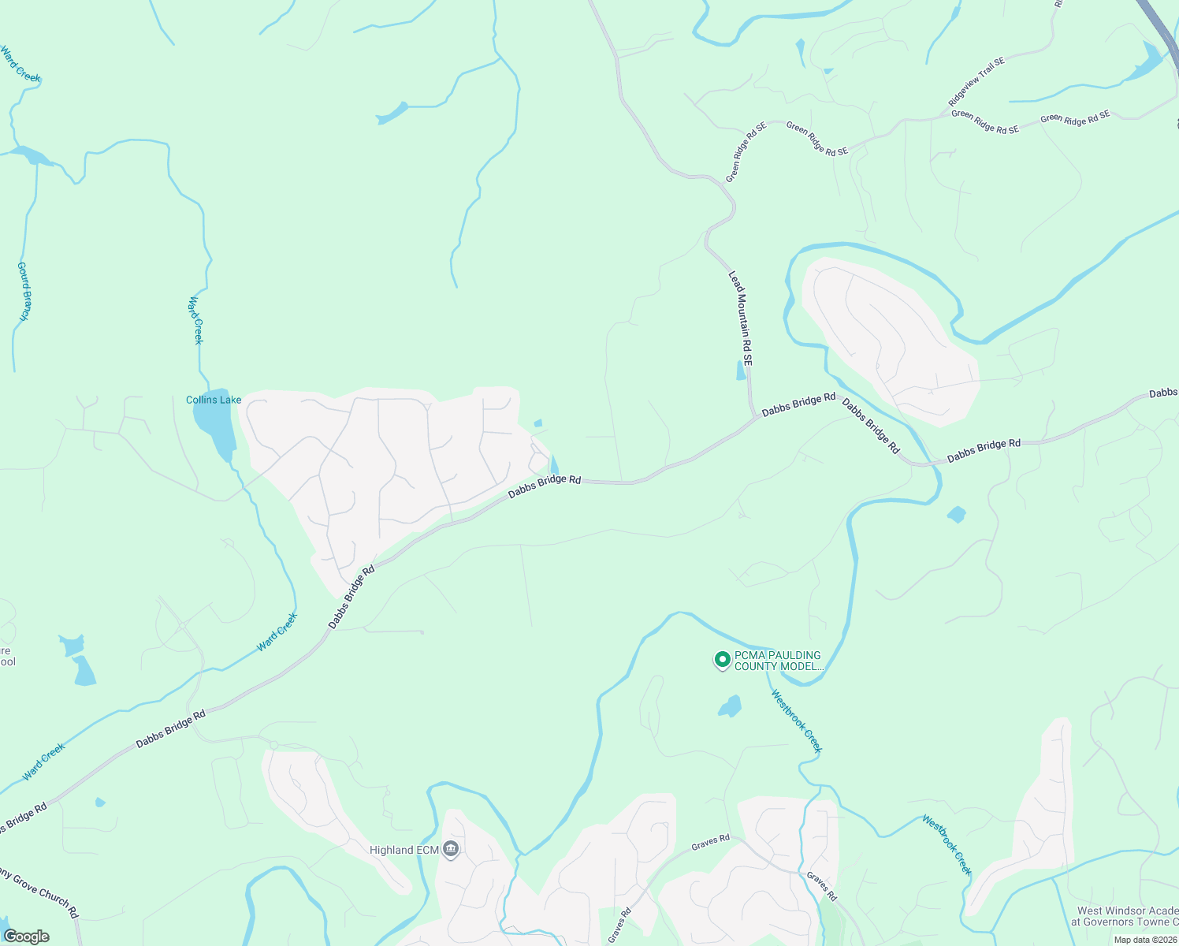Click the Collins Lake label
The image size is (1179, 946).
pyautogui.click(x=214, y=400)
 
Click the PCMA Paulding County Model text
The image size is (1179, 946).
pyautogui.click(x=778, y=661)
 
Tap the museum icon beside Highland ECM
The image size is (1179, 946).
pyautogui.click(x=451, y=849)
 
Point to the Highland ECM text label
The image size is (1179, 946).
pyautogui.click(x=404, y=850)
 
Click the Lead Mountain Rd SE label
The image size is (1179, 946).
pyautogui.click(x=740, y=318)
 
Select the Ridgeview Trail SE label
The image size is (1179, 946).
pyautogui.click(x=976, y=82)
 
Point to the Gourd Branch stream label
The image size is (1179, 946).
pyautogui.click(x=24, y=291)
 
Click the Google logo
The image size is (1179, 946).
pyautogui.click(x=26, y=936)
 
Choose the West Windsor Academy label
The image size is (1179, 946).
pyautogui.click(x=1127, y=916)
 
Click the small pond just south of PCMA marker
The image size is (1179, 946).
pyautogui.click(x=731, y=706)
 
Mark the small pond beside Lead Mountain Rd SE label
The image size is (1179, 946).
pyautogui.click(x=741, y=371)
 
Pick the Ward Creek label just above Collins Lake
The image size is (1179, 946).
pyautogui.click(x=196, y=320)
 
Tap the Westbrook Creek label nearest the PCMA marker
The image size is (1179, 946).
pyautogui.click(x=796, y=721)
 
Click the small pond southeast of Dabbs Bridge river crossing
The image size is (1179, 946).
pyautogui.click(x=956, y=515)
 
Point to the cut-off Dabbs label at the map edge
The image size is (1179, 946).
pyautogui.click(x=1163, y=393)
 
